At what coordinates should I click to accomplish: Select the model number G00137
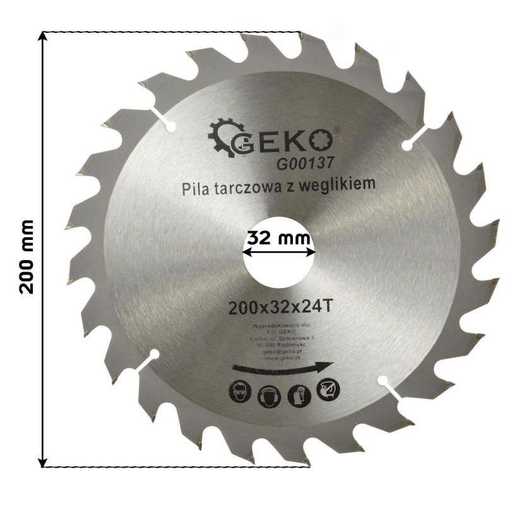point(304,163)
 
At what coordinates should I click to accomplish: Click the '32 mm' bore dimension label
point(278,238)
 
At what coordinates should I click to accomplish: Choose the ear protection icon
point(266,395)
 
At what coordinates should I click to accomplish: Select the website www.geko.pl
point(282,357)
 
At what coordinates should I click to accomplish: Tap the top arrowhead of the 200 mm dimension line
point(42,35)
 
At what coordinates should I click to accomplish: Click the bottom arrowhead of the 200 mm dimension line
point(42,462)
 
